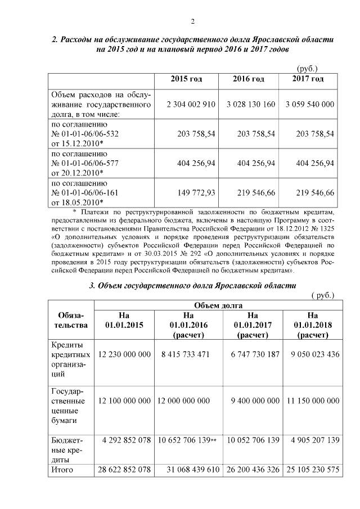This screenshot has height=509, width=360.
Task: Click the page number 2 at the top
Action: click(192, 22)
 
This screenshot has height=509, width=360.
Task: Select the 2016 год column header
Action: click(248, 79)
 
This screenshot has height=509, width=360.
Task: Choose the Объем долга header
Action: click(218, 305)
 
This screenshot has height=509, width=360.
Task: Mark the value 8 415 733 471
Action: click(182, 354)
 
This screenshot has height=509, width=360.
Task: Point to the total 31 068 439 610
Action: click(188, 470)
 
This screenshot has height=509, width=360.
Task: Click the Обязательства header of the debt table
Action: click(70, 320)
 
